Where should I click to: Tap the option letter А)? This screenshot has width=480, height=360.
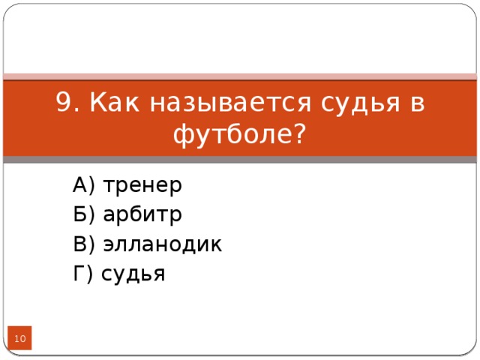(83, 184)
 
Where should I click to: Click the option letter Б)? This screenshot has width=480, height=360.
(83, 214)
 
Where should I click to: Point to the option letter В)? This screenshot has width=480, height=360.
(83, 244)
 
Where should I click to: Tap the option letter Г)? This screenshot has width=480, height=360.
(82, 274)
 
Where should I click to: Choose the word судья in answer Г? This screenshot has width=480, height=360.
(133, 275)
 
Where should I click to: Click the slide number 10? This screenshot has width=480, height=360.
(21, 340)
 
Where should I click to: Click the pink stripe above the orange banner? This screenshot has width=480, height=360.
(240, 76)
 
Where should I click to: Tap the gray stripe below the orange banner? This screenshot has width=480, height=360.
(240, 160)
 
